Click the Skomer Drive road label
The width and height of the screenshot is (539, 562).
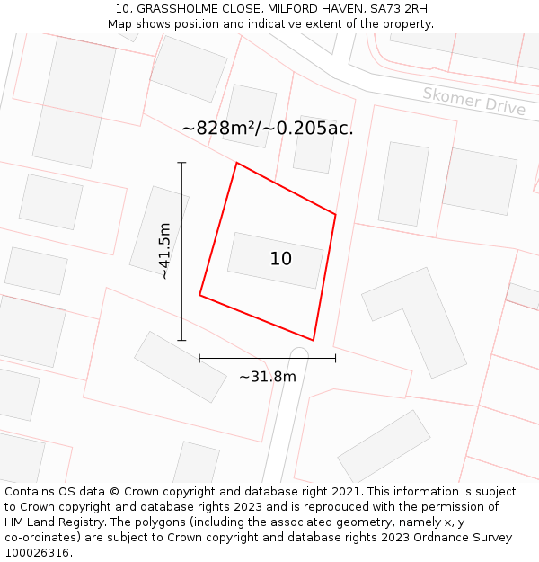[x=473, y=100]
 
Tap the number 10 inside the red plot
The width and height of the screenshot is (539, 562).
[x=280, y=259]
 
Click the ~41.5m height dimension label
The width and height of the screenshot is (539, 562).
[x=164, y=251]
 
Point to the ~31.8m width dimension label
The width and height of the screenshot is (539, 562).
[x=267, y=377]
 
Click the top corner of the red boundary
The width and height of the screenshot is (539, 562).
[x=236, y=163]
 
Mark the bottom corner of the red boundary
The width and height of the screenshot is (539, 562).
[x=313, y=340]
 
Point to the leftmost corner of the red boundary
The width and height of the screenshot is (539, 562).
[x=199, y=295]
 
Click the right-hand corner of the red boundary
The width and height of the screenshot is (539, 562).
[x=335, y=214]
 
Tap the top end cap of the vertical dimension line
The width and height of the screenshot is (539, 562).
[x=181, y=163]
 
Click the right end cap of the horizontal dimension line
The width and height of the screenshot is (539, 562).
[x=335, y=358]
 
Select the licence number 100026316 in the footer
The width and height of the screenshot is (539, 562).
[x=38, y=552]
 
